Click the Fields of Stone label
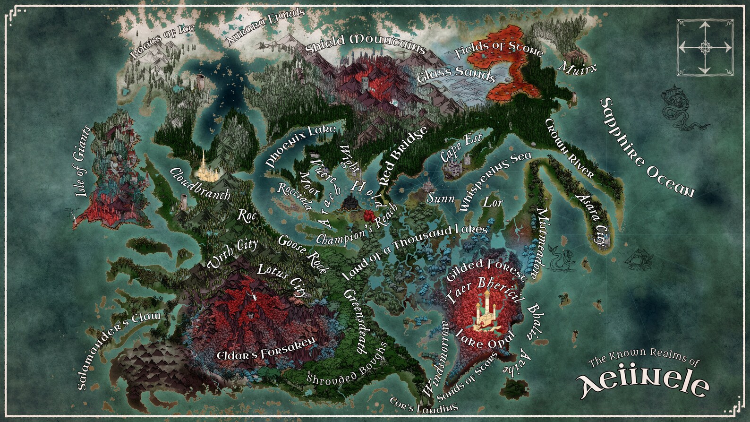[499, 49]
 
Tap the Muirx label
[577, 67]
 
